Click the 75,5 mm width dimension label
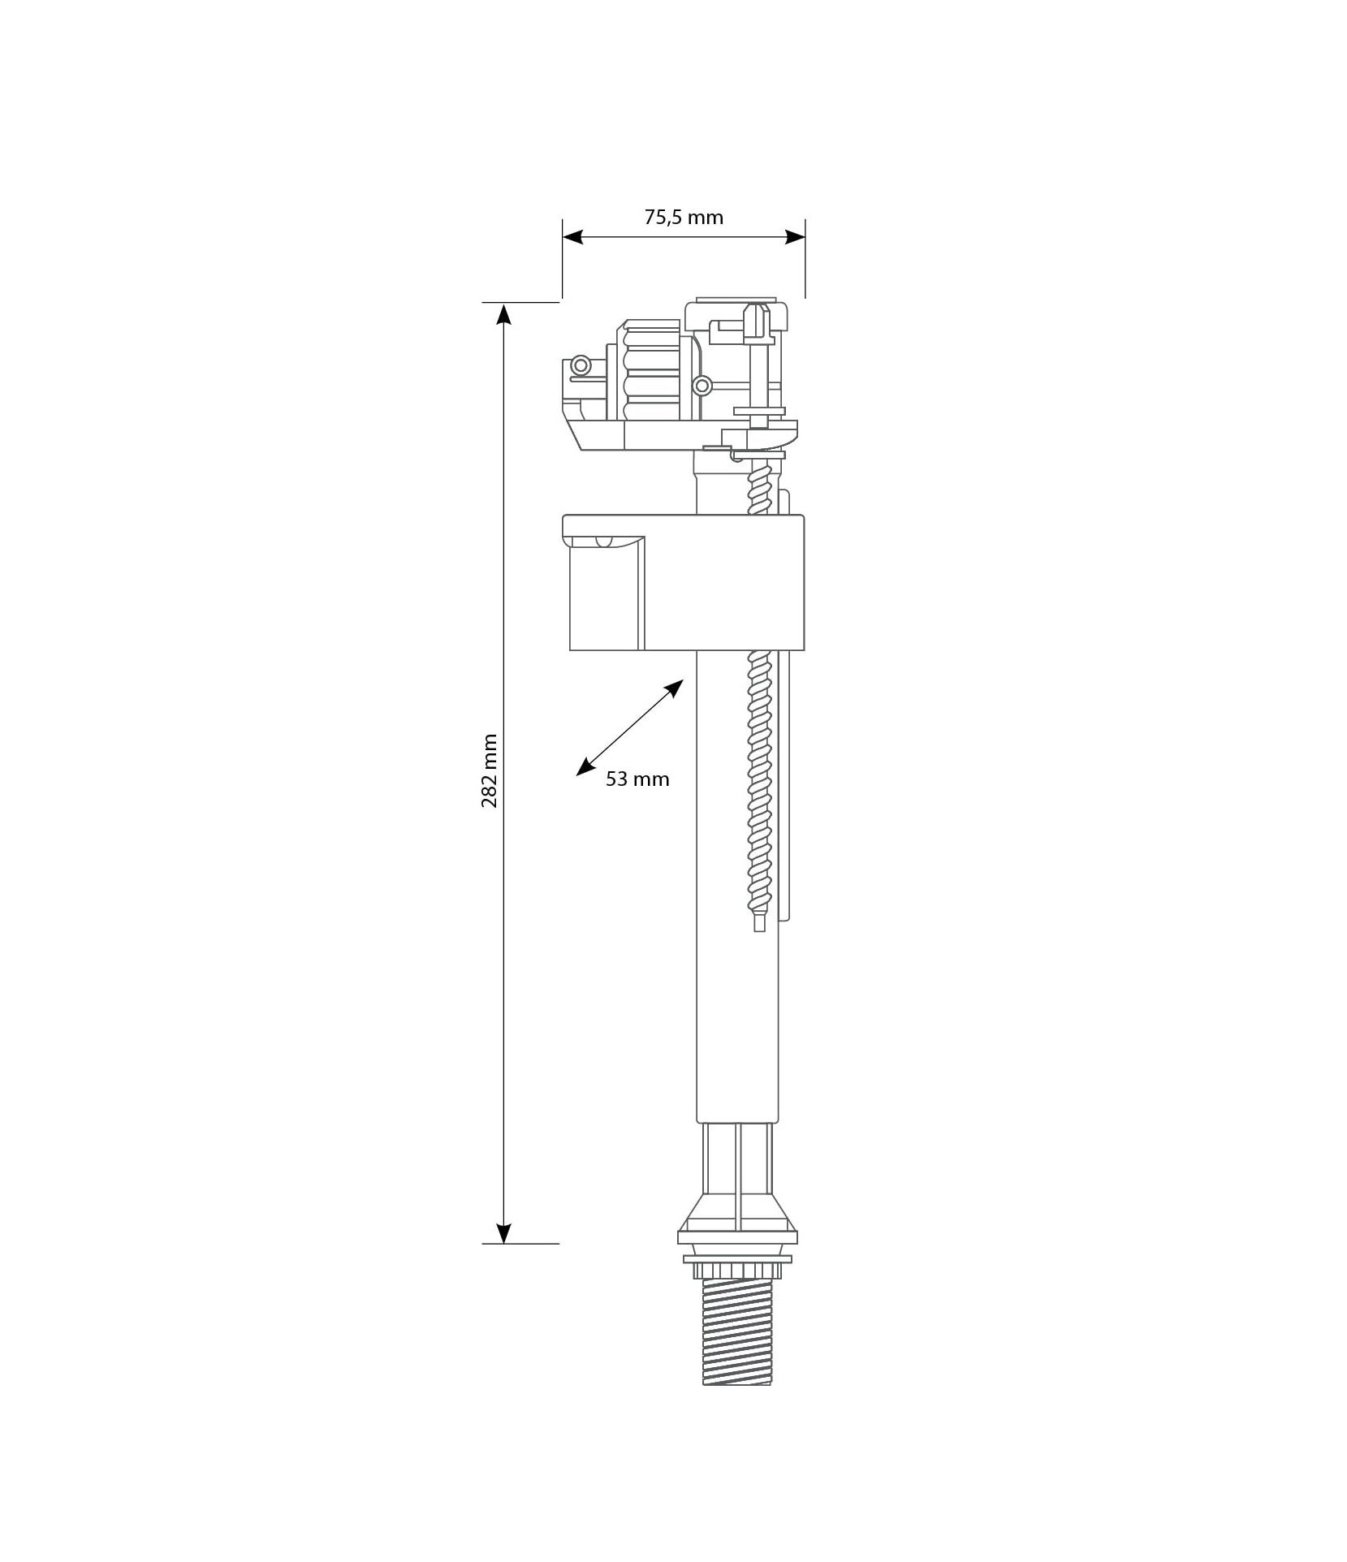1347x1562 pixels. tap(683, 218)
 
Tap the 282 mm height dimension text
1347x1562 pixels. tap(490, 771)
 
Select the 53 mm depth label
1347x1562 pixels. tap(637, 779)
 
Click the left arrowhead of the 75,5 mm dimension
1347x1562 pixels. tap(573, 237)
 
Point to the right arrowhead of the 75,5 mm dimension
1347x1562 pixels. tap(795, 237)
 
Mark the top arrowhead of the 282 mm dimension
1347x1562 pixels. tap(504, 313)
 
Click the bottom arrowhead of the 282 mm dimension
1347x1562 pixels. tap(504, 1255)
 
